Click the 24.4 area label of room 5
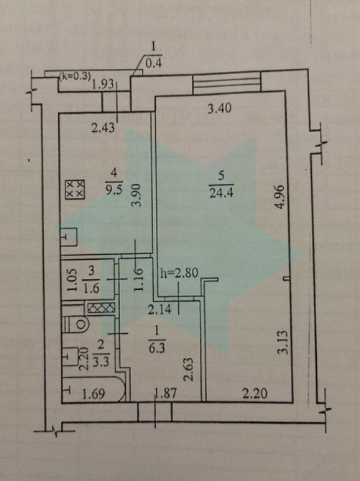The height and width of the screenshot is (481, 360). click(x=221, y=192)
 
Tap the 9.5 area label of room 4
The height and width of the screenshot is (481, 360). click(x=114, y=190)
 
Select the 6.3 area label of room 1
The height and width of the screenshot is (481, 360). click(x=157, y=348)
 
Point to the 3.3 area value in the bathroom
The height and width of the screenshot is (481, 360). click(x=101, y=362)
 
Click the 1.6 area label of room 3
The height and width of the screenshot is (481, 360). click(x=91, y=288)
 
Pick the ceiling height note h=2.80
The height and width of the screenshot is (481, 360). click(x=179, y=272)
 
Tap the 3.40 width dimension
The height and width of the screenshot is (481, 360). click(x=219, y=108)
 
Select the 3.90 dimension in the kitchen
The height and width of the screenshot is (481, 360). click(x=137, y=195)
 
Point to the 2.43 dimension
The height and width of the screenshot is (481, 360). click(x=103, y=128)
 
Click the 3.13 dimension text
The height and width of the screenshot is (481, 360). click(x=283, y=342)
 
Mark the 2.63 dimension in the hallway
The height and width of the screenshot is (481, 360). click(x=189, y=369)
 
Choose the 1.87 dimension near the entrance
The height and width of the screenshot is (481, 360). click(x=166, y=393)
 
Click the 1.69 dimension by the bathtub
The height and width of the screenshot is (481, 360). click(x=93, y=393)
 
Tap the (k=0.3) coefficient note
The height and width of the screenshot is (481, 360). click(x=75, y=77)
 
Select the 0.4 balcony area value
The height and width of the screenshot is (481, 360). click(x=154, y=63)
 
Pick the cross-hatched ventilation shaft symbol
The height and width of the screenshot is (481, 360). click(x=101, y=307)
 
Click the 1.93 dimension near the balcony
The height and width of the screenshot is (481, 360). click(x=103, y=84)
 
